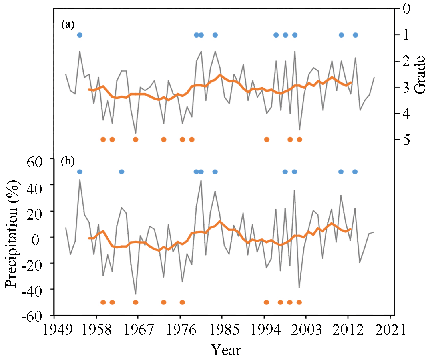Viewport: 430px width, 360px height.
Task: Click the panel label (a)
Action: click(x=68, y=25)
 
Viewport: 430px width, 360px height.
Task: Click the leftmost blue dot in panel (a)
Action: click(x=80, y=35)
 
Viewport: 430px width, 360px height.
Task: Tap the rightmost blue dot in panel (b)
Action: click(x=355, y=172)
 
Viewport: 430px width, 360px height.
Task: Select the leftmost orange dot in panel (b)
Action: click(x=103, y=302)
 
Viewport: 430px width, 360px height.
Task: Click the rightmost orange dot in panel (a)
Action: click(x=299, y=140)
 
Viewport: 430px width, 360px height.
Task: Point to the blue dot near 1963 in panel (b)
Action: click(x=121, y=172)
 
